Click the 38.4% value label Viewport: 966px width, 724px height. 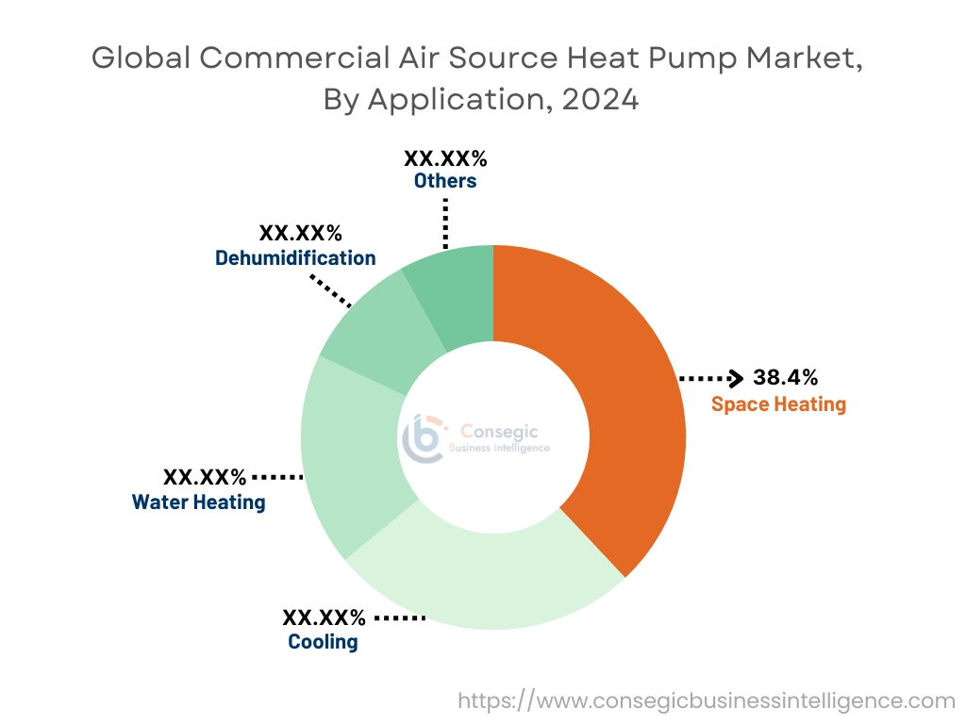(x=785, y=378)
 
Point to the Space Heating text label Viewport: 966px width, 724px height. (x=778, y=404)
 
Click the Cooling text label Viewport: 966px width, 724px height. (x=323, y=642)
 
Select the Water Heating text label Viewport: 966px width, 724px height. (x=199, y=502)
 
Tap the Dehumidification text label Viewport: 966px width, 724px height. (x=295, y=257)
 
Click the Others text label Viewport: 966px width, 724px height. (x=445, y=180)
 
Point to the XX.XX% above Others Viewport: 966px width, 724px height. (x=445, y=156)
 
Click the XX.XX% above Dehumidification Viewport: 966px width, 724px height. (x=301, y=233)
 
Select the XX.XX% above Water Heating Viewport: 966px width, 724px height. (x=205, y=477)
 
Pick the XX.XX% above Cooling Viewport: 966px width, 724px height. (x=324, y=617)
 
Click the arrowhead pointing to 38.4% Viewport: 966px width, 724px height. (x=737, y=379)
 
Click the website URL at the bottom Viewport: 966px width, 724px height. (x=707, y=700)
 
